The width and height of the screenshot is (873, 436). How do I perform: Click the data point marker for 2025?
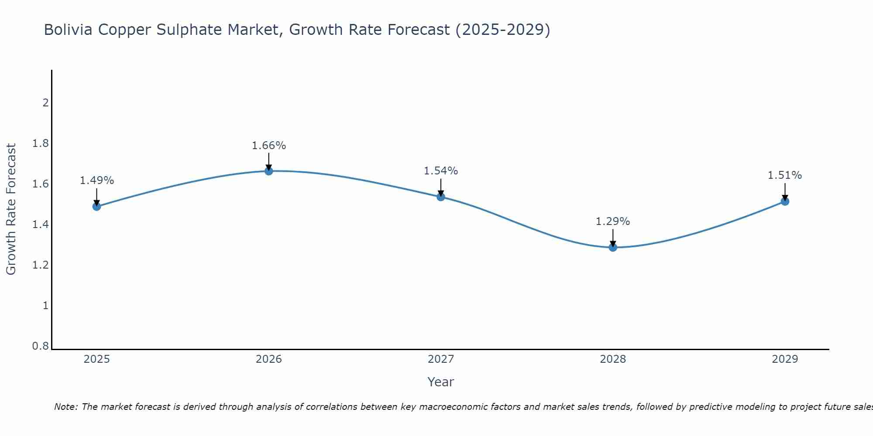(x=97, y=206)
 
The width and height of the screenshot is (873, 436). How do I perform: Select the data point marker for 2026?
(x=269, y=171)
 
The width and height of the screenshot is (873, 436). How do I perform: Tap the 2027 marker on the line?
(x=441, y=197)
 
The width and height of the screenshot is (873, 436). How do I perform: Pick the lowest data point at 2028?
(x=613, y=247)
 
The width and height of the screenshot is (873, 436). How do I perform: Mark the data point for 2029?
(x=785, y=201)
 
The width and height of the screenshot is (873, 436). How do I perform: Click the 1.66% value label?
(x=269, y=146)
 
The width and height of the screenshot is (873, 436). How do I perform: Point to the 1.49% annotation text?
(x=97, y=181)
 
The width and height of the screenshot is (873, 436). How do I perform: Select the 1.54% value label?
(x=441, y=171)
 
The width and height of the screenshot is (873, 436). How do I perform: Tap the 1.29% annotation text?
(x=613, y=221)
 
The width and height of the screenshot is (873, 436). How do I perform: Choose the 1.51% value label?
(x=785, y=175)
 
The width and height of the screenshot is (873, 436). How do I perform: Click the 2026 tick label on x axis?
(x=269, y=359)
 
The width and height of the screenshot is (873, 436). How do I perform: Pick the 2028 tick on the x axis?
(x=613, y=359)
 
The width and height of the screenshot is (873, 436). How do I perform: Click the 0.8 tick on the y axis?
(x=41, y=346)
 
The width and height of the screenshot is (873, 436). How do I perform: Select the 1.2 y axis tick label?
(x=41, y=265)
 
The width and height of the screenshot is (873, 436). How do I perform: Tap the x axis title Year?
(x=441, y=382)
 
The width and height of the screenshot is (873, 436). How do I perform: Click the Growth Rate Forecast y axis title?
(x=11, y=209)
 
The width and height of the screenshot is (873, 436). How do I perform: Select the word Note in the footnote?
(x=65, y=407)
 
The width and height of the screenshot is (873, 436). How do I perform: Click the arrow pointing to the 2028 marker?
(x=613, y=238)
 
